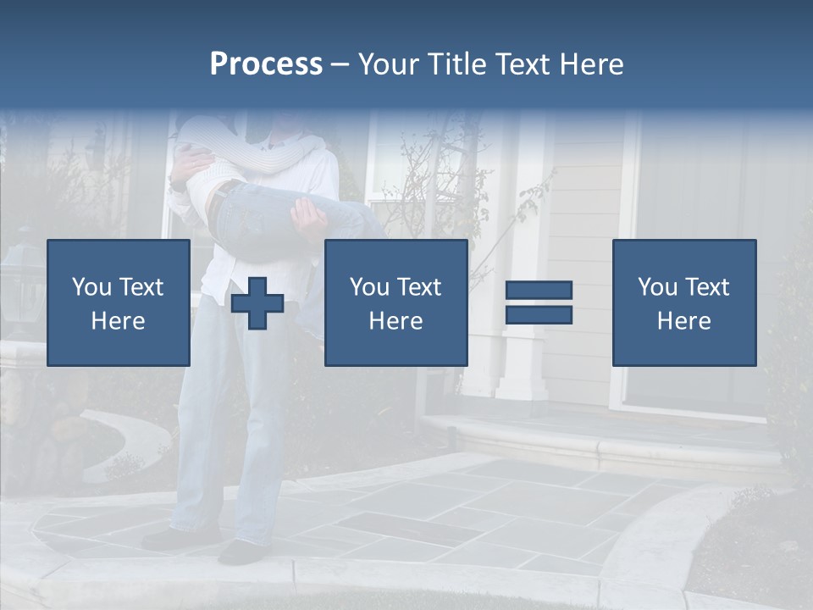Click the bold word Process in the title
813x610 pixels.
point(266,64)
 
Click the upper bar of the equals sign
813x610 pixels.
point(539,290)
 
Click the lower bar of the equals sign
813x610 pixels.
point(539,315)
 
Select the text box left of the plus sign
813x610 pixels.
point(118,302)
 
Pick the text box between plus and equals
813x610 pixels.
point(395,302)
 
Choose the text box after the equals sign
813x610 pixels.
point(683,302)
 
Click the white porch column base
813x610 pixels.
point(520,373)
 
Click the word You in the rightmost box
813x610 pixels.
point(656,287)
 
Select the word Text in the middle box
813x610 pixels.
point(420,287)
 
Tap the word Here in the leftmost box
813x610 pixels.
point(118,320)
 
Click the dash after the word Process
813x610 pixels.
point(340,65)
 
